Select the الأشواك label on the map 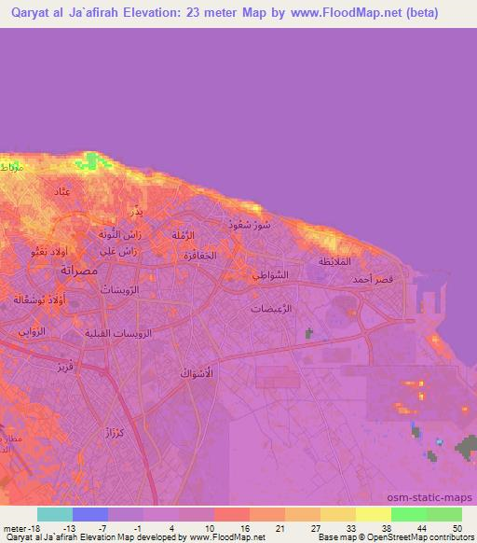(x=196, y=372)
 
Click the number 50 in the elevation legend (x=456, y=527)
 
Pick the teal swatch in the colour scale (x=54, y=514)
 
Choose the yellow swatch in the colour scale (x=374, y=514)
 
